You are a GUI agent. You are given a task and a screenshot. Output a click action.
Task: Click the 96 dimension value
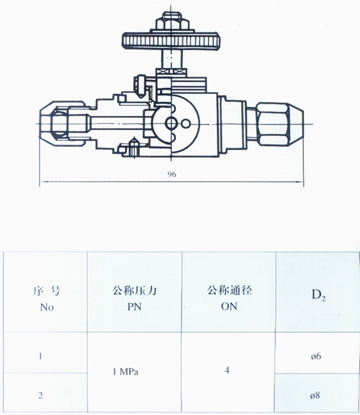pos(172,174)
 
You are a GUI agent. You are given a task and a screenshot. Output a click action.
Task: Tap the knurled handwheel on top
pos(171,40)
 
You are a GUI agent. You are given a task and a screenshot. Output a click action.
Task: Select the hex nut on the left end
pos(59,124)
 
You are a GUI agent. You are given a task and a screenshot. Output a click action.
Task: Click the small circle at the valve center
pos(171,124)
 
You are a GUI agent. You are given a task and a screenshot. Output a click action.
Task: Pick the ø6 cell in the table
pos(316,357)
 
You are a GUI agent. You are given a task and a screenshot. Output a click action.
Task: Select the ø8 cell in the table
pos(315,396)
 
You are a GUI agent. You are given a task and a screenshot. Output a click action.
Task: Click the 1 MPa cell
pos(126,372)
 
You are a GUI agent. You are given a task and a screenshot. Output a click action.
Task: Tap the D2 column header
pos(319,295)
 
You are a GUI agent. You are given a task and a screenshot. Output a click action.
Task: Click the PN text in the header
pos(134,306)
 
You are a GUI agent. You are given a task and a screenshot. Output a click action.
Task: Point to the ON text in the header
pos(229,306)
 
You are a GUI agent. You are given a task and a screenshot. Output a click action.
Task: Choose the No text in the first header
pos(47,307)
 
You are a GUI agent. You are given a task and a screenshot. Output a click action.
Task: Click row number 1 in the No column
pos(40,357)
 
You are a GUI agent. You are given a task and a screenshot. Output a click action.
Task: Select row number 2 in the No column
pos(40,395)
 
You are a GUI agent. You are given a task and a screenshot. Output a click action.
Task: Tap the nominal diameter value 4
pos(227,370)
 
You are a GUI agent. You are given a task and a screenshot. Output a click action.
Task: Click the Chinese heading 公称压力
pos(134,290)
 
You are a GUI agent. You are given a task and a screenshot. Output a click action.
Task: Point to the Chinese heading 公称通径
pos(229,290)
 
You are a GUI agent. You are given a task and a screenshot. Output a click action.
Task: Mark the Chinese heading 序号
pos(47,290)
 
